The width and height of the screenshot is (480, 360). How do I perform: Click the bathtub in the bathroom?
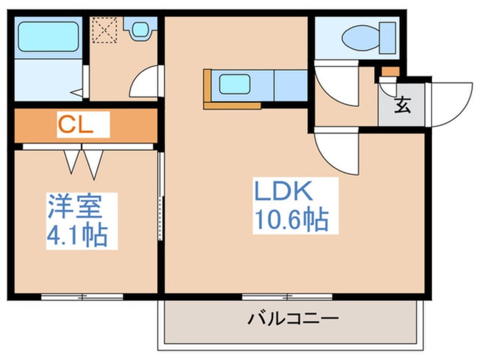(x=48, y=36)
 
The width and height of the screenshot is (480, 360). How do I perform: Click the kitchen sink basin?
(x=234, y=83)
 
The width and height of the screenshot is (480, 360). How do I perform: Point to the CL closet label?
(x=75, y=125)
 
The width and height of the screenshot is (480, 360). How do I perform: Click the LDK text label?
(x=283, y=191)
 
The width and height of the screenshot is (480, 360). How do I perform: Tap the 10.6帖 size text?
(x=292, y=220)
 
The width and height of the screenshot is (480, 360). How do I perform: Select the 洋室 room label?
(x=74, y=206)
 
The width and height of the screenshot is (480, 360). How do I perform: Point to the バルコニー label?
(x=293, y=319)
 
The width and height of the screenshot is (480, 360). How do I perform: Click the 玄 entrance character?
(x=402, y=105)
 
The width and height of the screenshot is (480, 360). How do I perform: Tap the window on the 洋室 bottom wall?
(x=82, y=296)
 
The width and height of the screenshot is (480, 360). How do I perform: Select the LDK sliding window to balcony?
(x=287, y=296)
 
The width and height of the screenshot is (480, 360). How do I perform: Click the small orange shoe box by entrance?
(x=390, y=72)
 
